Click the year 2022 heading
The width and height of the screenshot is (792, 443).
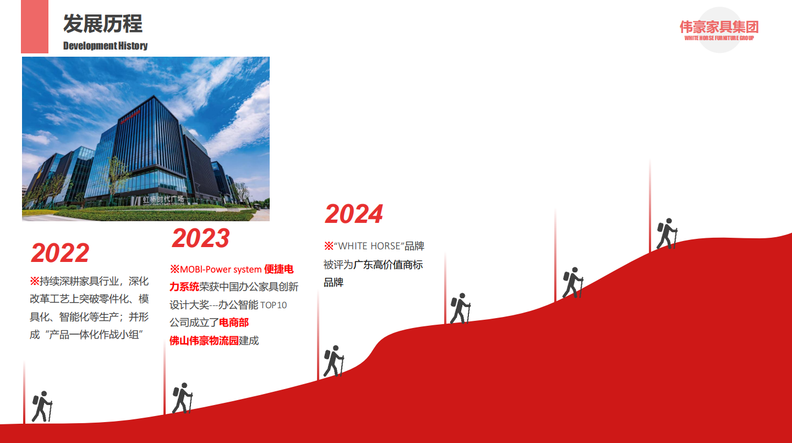60,253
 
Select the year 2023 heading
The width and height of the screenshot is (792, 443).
201,238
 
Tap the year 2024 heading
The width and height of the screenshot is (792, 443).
353,214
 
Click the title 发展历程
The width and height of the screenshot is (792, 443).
103,24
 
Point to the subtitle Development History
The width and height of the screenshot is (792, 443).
105,46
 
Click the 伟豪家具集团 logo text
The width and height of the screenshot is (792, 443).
719,27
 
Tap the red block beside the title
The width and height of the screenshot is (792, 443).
35,26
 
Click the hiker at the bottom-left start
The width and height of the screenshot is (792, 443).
42,406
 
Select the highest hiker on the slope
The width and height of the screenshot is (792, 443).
667,234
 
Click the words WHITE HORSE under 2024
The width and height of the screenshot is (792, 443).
369,246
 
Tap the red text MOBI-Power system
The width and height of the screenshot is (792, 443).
221,270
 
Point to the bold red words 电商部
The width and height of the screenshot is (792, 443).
234,322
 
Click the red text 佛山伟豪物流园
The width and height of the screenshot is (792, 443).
204,341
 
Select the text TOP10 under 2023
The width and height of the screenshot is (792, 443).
274,305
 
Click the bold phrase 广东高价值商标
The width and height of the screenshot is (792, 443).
388,265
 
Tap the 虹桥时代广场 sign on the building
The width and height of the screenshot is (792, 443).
163,199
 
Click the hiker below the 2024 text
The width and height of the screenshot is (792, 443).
334,361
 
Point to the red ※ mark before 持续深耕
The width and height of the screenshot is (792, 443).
35,281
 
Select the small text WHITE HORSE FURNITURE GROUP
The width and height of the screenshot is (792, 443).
719,38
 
